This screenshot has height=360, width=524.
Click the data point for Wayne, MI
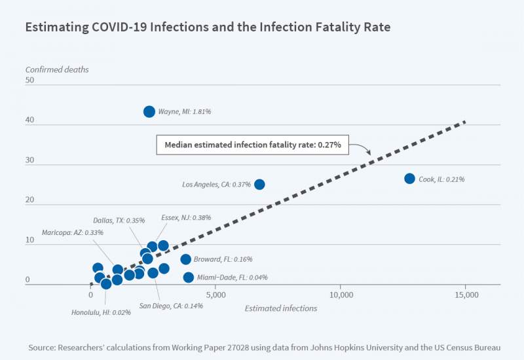149,112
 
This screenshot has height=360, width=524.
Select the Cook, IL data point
410,179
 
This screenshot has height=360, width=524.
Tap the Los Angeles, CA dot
259,185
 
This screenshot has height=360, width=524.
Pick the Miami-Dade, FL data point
189,278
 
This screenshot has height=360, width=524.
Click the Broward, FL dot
186,259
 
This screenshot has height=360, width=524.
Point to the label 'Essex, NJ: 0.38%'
186,218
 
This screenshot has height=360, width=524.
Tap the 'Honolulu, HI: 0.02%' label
102,312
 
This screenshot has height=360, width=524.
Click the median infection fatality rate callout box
253,145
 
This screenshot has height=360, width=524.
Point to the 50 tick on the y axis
30,80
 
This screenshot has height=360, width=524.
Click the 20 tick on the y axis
30,200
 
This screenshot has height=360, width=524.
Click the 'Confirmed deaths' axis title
57,69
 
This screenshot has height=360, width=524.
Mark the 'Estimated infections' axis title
281,308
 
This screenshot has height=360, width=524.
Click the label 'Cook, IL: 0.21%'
442,179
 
